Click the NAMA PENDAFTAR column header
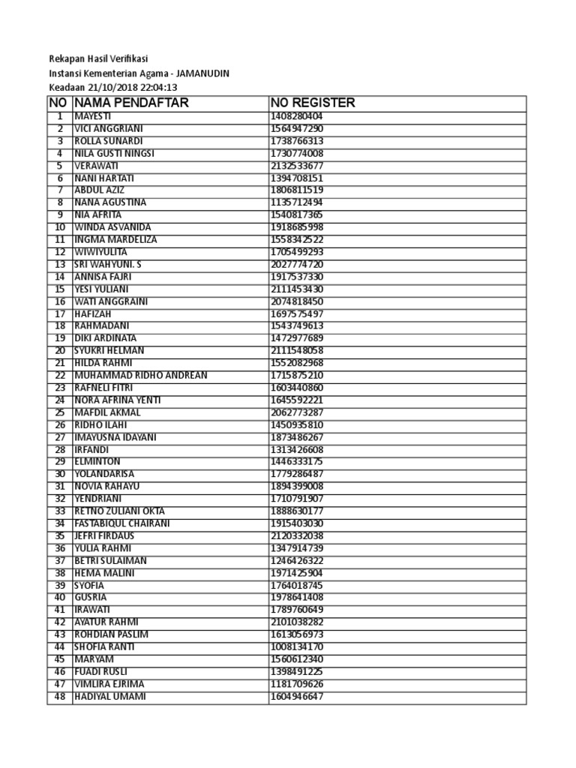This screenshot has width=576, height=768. [x=131, y=103]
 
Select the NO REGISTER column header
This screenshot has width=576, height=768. [x=313, y=103]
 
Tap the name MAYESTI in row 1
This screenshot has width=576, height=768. [x=91, y=116]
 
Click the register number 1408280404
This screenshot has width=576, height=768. [x=297, y=116]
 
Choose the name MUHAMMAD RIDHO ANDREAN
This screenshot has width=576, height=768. [x=140, y=375]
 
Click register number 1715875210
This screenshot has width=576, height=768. [x=297, y=375]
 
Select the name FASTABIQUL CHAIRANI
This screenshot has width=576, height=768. [x=122, y=523]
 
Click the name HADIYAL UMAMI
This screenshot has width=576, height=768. [x=110, y=697]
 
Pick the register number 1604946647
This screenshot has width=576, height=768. [x=297, y=697]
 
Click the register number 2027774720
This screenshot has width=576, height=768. [x=297, y=265]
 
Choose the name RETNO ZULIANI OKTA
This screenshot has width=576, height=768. [x=118, y=511]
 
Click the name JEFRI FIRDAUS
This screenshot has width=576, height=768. [x=104, y=536]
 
